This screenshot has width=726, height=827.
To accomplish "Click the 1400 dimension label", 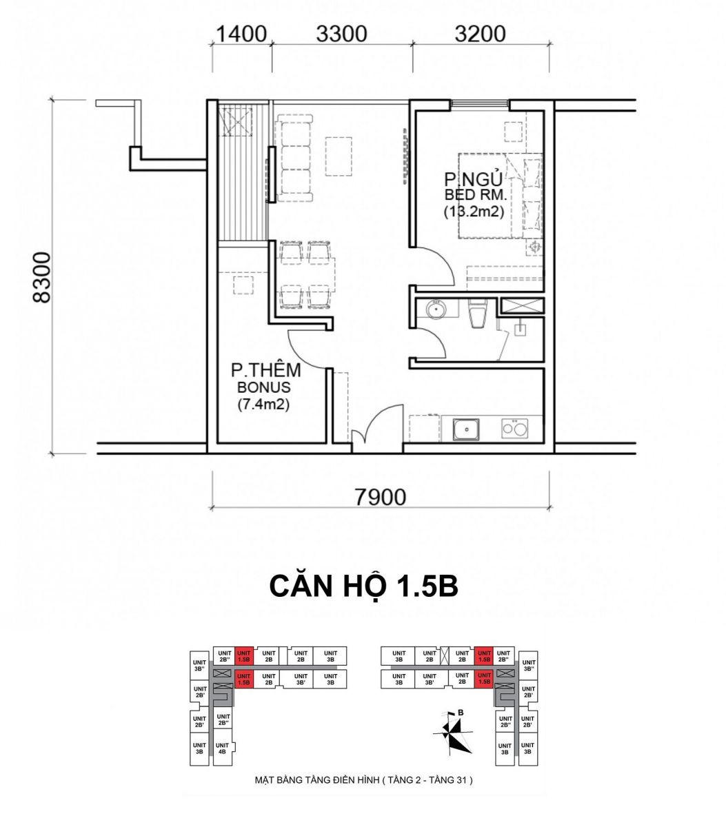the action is [x=240, y=34].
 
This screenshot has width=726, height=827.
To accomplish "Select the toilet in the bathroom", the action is [x=477, y=313].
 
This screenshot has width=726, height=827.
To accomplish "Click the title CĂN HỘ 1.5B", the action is [x=363, y=586].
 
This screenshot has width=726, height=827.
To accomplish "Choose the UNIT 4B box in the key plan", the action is [x=223, y=748].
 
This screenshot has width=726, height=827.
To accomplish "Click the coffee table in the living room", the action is [x=339, y=156].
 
